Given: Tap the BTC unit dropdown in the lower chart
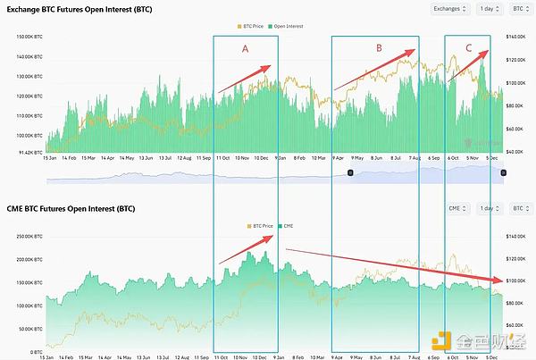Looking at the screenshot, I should [x=517, y=208].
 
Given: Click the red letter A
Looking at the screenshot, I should [x=246, y=50].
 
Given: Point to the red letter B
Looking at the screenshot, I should [x=379, y=48].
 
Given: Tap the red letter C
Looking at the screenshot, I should [x=469, y=47].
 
